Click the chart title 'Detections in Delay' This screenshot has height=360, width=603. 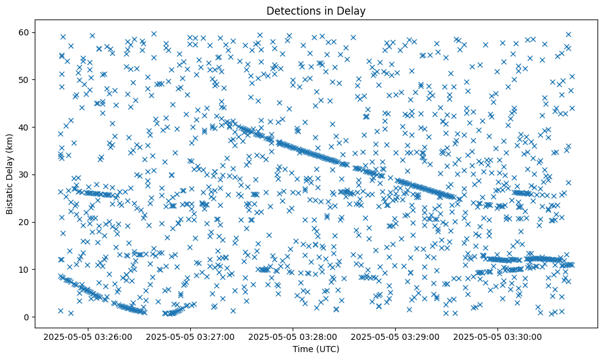coord(316,10)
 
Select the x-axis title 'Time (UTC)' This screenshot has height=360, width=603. coord(316,349)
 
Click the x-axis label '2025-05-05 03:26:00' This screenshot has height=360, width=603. coord(88,336)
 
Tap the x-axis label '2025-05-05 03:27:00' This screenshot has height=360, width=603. coord(190,336)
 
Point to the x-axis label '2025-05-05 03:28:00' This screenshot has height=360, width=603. coord(293,336)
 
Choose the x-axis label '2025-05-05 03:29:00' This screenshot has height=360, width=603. coord(396,336)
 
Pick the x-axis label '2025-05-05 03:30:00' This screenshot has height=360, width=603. coord(498,336)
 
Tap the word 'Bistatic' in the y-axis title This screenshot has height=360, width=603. coord(10,198)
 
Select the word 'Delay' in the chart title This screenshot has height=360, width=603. coord(353,10)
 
